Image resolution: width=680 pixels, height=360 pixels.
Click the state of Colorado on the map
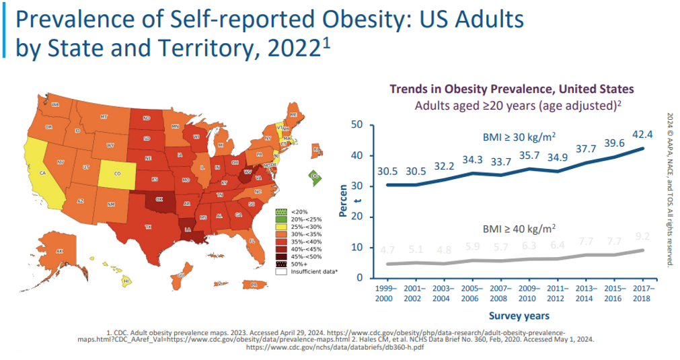tap(118, 173)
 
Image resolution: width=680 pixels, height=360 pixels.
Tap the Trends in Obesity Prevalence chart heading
tap(512, 89)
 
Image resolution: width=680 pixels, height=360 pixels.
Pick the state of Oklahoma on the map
tap(158, 200)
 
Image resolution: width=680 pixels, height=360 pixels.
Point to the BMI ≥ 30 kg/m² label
tap(519, 137)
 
